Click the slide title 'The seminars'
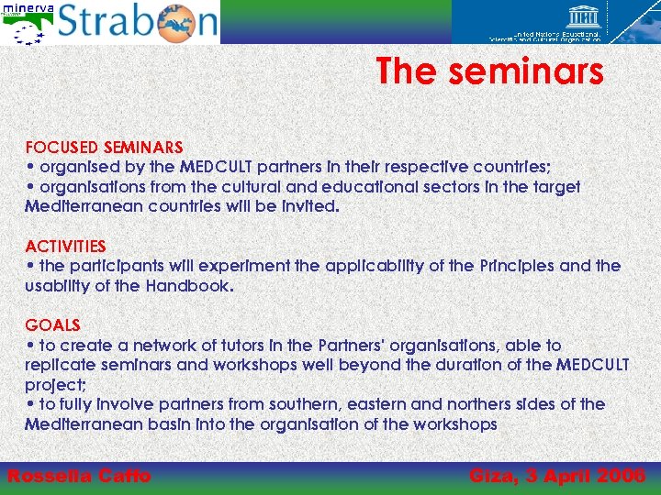click(x=489, y=71)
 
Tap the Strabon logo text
click(x=138, y=22)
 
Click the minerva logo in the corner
click(x=27, y=22)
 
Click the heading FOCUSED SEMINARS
click(x=104, y=147)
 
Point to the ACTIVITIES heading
click(x=65, y=246)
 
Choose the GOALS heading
click(x=52, y=325)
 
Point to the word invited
click(x=309, y=206)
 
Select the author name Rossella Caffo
click(x=79, y=476)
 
